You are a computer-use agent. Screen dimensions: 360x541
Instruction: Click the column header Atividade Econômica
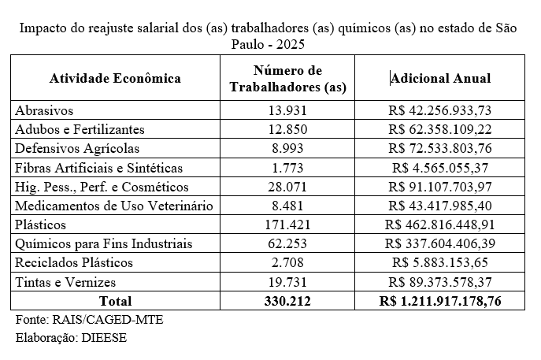point(115,79)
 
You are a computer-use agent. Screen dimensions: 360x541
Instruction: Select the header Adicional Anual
point(441,79)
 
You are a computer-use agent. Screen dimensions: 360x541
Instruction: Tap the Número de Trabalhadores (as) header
point(287,79)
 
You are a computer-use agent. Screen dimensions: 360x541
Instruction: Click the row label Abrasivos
point(45,110)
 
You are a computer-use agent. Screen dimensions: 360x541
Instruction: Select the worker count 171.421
point(287,225)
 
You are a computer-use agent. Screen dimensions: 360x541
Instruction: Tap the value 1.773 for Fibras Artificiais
point(287,167)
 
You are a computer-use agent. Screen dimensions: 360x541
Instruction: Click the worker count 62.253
point(287,243)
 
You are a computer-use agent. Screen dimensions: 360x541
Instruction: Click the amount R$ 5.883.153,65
point(444,262)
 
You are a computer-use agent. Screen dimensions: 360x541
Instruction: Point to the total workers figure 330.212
point(287,301)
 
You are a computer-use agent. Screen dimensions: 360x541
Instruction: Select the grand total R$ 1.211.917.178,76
point(440,301)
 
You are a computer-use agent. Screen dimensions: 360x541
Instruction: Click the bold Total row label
point(115,301)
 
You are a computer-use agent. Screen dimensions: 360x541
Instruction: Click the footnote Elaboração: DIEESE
point(71,338)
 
